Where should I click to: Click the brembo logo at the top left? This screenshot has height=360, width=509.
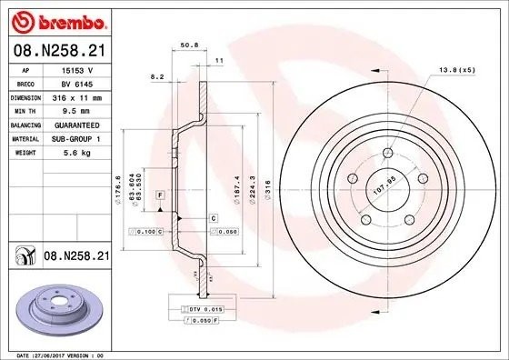(x=56, y=20)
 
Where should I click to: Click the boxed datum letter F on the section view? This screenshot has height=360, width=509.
(x=160, y=195)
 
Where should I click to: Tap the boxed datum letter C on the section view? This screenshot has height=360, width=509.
(x=213, y=218)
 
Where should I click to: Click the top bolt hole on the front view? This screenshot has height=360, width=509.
(x=387, y=154)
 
